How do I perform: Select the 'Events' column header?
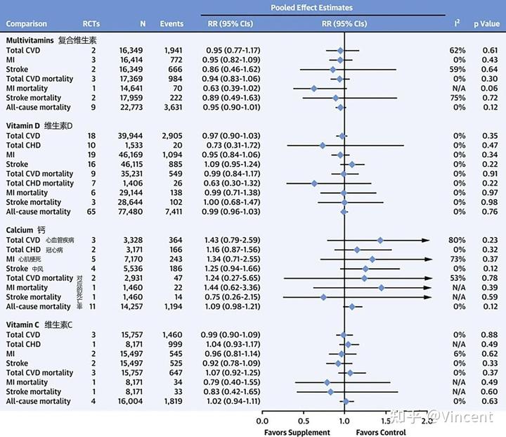[173, 23]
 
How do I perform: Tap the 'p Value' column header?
[486, 23]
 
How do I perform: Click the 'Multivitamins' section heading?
[33, 41]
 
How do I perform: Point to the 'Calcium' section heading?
[20, 230]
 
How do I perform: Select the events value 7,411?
[173, 211]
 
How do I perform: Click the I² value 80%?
[458, 240]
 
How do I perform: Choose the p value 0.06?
[490, 89]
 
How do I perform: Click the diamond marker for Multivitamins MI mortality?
[313, 89]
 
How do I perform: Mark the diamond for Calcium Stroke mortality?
[323, 297]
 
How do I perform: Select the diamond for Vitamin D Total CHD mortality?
[313, 183]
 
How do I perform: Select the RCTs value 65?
[92, 211]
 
